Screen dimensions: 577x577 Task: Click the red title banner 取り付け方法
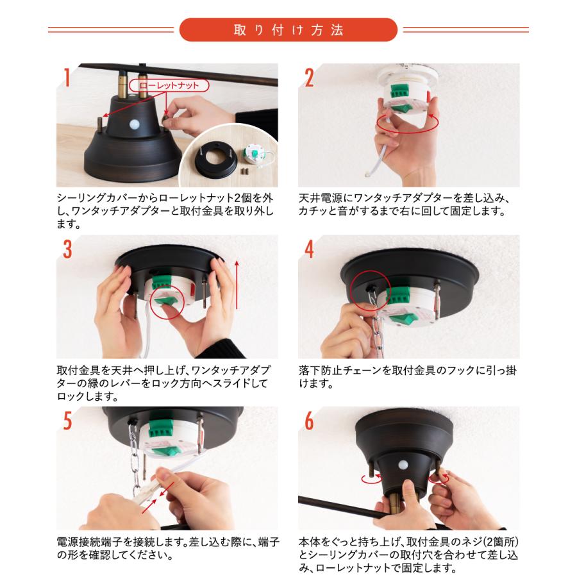pyautogui.click(x=288, y=30)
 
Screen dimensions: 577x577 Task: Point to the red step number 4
pyautogui.click(x=310, y=251)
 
